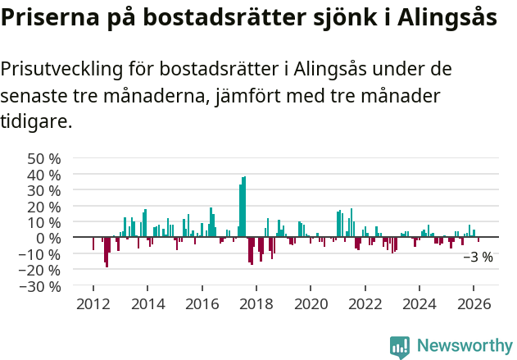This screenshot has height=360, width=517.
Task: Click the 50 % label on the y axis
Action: [44, 158]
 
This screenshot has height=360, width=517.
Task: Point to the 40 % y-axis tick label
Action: [44, 175]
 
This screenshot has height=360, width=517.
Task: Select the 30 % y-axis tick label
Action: [44, 190]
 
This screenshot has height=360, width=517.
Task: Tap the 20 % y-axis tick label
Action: [44, 207]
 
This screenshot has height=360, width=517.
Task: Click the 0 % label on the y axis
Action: [48, 239]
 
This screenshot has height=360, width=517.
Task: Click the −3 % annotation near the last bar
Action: [478, 257]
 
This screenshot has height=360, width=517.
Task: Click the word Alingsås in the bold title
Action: [449, 18]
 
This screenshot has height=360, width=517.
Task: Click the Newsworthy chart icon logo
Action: [400, 347]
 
